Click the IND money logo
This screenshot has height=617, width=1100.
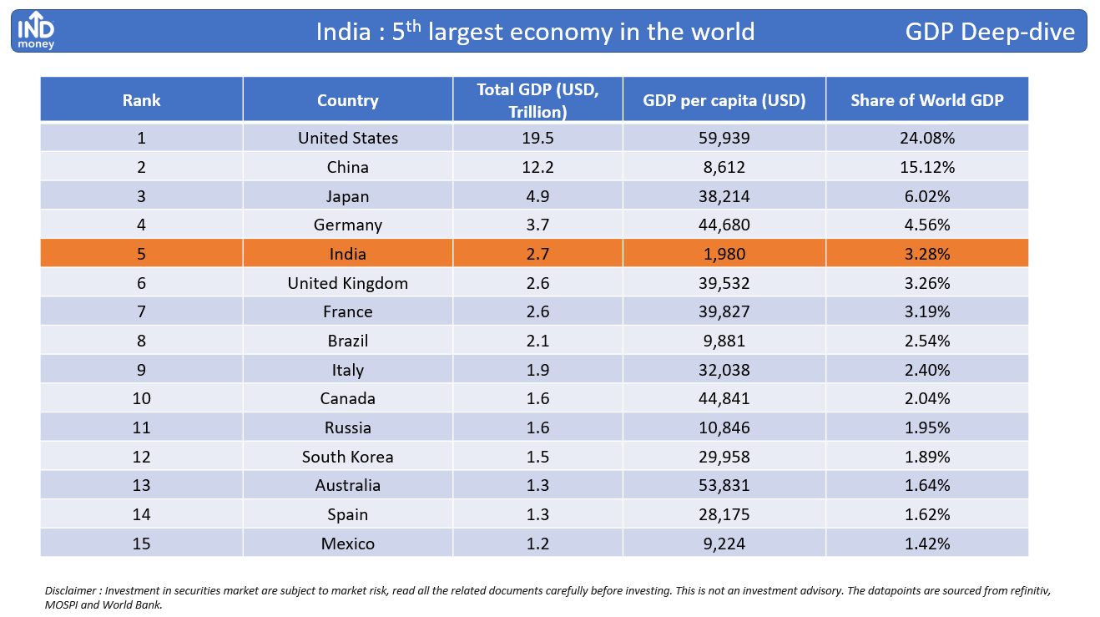[x=36, y=30]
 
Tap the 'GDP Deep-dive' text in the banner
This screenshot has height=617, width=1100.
[x=990, y=32]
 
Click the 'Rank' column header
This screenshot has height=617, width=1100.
[x=141, y=100]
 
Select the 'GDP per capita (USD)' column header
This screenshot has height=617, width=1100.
[x=724, y=100]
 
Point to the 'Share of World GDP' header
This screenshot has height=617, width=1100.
[x=927, y=100]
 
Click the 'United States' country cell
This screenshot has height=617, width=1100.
[x=348, y=138]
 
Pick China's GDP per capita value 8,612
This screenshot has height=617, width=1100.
[x=724, y=167]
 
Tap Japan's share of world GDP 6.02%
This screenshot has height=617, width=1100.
[x=927, y=196]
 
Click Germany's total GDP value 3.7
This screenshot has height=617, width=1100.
[x=537, y=225]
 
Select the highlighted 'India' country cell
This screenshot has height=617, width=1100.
[x=348, y=254]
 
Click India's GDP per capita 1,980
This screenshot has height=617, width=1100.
[x=724, y=254]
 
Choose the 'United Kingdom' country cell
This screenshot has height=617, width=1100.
[x=348, y=283]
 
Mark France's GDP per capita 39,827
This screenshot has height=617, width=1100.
[x=724, y=312]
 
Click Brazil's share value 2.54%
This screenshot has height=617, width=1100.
[x=927, y=341]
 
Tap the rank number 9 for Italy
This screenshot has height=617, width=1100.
[x=141, y=370]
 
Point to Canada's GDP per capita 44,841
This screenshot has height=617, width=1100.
[x=724, y=398]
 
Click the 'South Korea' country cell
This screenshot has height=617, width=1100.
[x=348, y=457]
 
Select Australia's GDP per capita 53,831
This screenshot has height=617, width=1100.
[x=724, y=485]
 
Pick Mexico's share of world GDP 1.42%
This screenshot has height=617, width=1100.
[x=927, y=544]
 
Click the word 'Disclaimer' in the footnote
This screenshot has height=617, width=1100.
[x=71, y=590]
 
